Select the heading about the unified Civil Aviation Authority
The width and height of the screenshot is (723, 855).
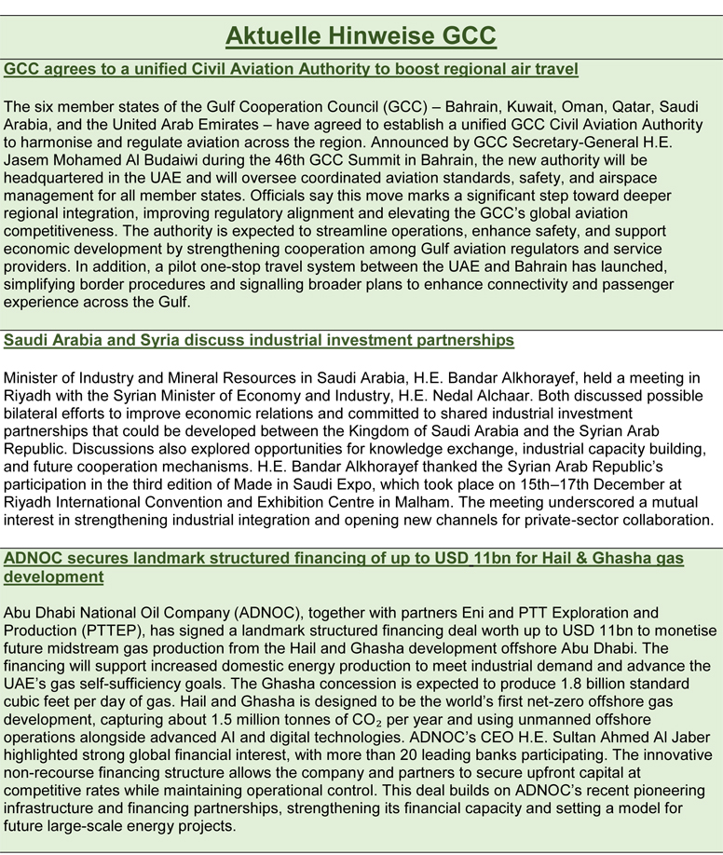point(292,69)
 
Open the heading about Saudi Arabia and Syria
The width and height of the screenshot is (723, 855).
point(259,341)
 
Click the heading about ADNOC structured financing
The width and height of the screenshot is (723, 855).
point(344,559)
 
